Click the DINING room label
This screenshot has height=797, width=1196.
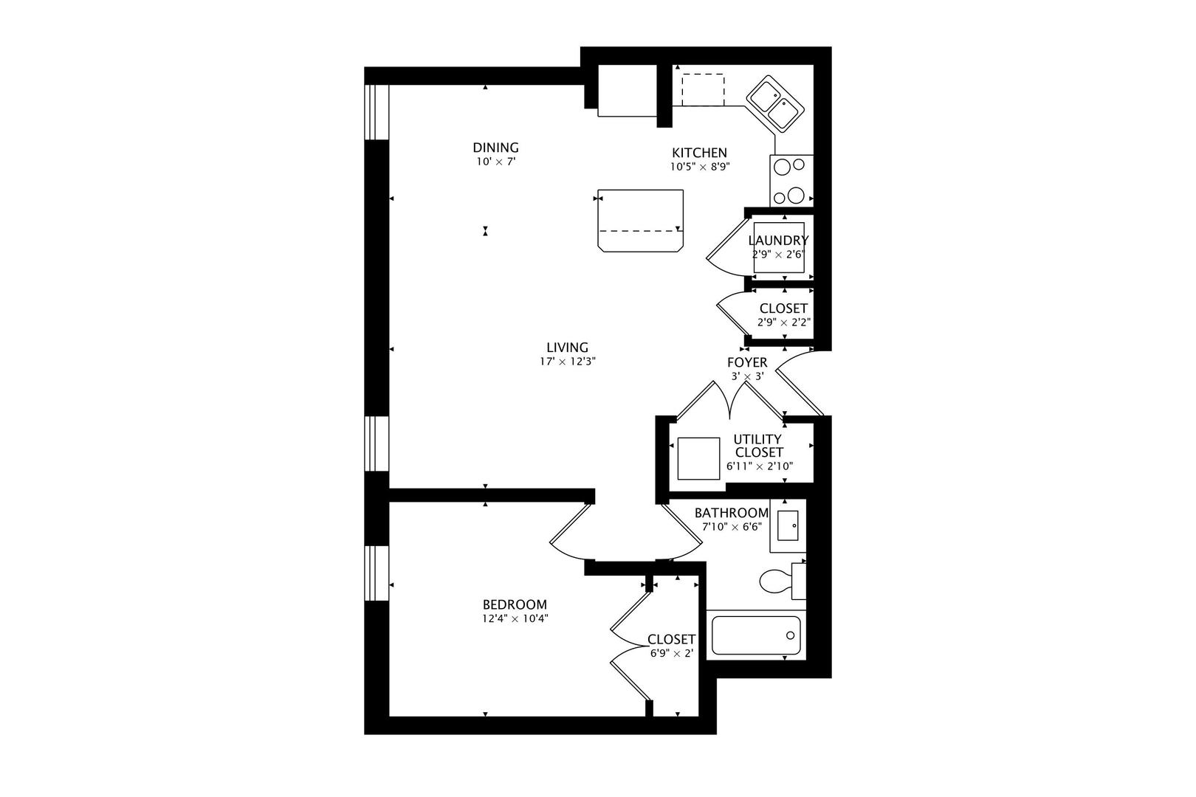pyautogui.click(x=495, y=148)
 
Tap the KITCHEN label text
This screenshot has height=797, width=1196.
pyautogui.click(x=699, y=153)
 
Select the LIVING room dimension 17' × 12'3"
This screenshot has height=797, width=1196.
pyautogui.click(x=567, y=362)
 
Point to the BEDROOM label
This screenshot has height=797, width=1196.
pyautogui.click(x=515, y=605)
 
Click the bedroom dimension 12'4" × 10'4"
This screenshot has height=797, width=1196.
pyautogui.click(x=515, y=618)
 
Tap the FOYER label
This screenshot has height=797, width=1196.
pyautogui.click(x=747, y=362)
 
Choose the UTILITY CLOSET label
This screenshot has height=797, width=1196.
pyautogui.click(x=759, y=446)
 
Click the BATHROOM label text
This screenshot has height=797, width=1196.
pyautogui.click(x=732, y=513)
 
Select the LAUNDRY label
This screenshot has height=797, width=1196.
pyautogui.click(x=778, y=241)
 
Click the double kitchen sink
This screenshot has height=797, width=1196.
pyautogui.click(x=774, y=105)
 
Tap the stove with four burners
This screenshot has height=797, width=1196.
pyautogui.click(x=791, y=181)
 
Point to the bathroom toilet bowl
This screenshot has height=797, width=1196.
pyautogui.click(x=775, y=582)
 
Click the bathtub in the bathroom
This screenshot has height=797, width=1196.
pyautogui.click(x=756, y=635)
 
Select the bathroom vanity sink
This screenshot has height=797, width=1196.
pyautogui.click(x=788, y=526)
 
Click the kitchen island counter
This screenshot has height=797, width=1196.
pyautogui.click(x=641, y=221)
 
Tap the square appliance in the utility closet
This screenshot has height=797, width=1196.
pyautogui.click(x=699, y=458)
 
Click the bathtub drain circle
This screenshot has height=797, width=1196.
pyautogui.click(x=790, y=635)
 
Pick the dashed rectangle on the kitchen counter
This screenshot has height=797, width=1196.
pyautogui.click(x=703, y=90)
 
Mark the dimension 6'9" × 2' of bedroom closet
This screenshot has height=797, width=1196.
pyautogui.click(x=672, y=653)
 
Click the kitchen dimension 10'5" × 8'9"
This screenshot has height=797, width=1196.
pyautogui.click(x=700, y=167)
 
